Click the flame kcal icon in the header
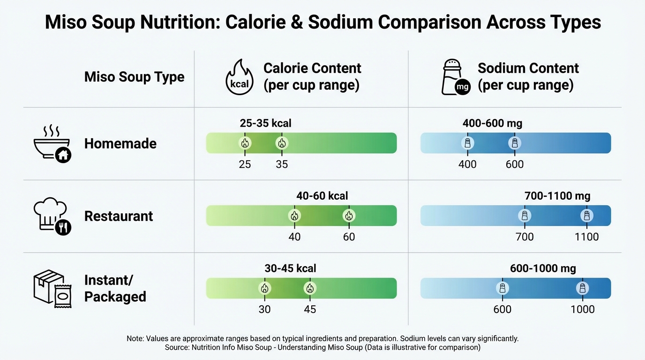[240, 77]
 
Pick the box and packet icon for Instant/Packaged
[52, 289]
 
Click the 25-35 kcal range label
[265, 123]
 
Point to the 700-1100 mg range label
[557, 196]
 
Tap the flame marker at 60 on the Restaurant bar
[348, 216]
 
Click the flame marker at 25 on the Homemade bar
[245, 143]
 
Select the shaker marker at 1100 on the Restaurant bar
[586, 216]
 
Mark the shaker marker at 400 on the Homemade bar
[467, 143]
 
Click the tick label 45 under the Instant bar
[310, 309]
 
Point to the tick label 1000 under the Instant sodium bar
[582, 309]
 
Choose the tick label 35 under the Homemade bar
[282, 165]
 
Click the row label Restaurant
[119, 216]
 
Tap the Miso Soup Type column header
[134, 77]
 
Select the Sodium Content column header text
[528, 68]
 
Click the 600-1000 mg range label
[543, 269]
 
